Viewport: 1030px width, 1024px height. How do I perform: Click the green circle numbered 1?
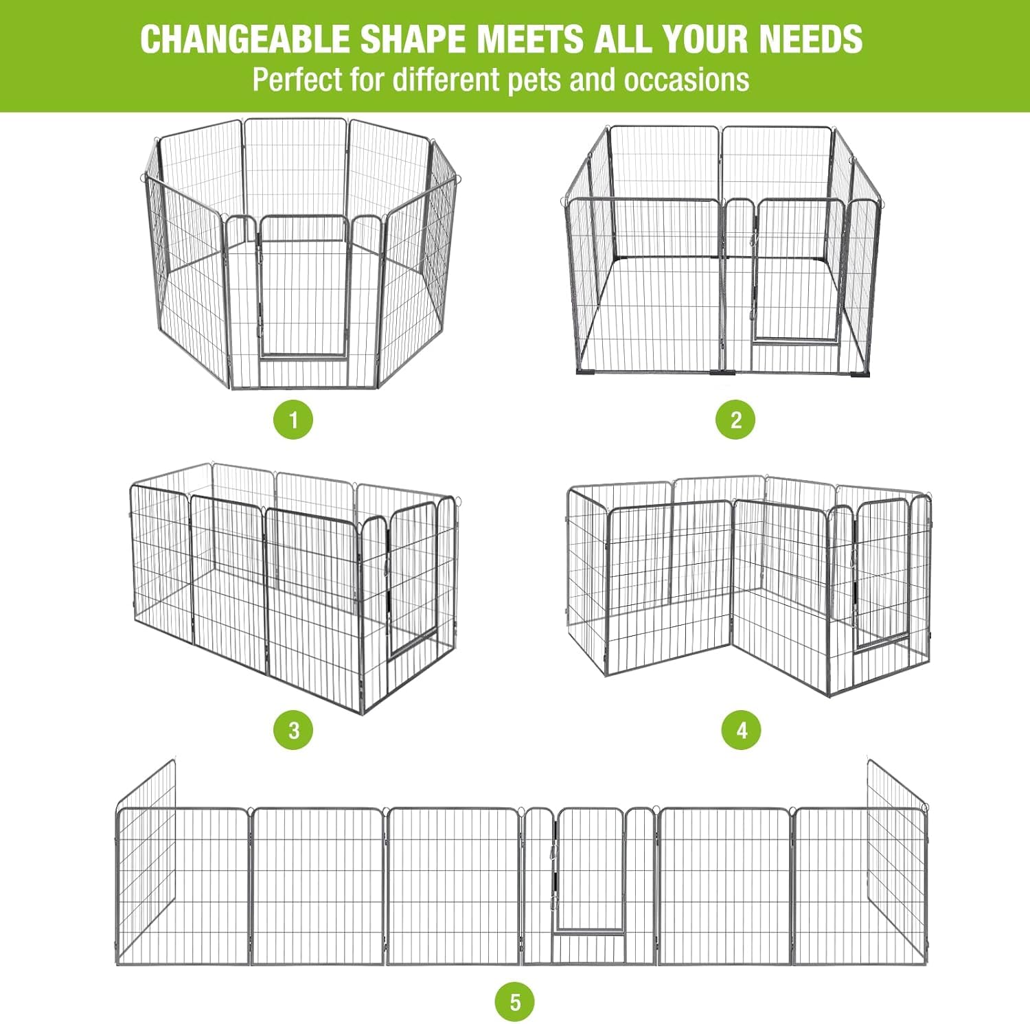(x=293, y=420)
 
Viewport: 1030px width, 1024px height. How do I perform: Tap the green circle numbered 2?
(x=735, y=420)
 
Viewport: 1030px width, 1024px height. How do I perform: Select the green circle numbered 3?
(x=293, y=729)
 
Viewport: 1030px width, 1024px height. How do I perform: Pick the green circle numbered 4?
(x=742, y=729)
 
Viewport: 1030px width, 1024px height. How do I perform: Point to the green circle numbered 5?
(x=515, y=1002)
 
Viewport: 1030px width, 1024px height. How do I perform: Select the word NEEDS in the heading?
(x=810, y=38)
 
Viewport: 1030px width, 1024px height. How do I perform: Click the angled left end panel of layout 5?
(x=145, y=858)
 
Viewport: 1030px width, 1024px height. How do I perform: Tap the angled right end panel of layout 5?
(x=897, y=858)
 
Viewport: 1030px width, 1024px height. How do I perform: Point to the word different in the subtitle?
(x=448, y=80)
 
